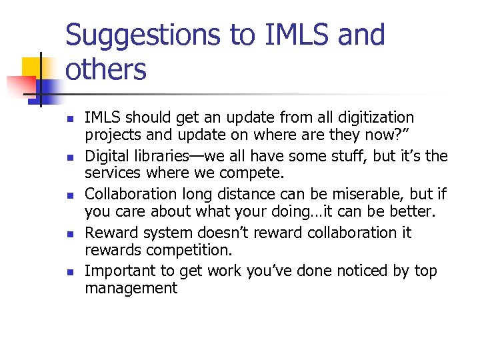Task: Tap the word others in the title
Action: click(106, 69)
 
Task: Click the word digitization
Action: click(378, 118)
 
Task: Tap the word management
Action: click(131, 289)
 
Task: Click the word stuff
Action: click(340, 157)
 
